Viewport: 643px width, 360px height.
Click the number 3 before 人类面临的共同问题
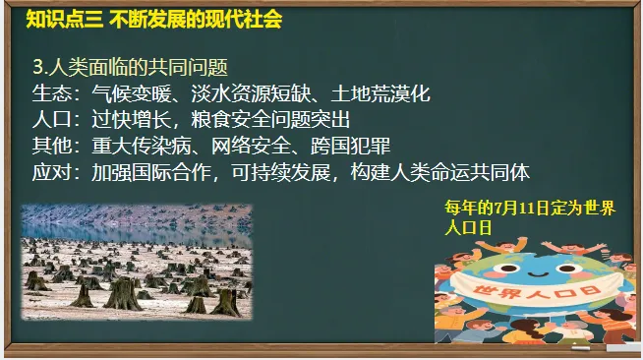click(37, 68)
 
